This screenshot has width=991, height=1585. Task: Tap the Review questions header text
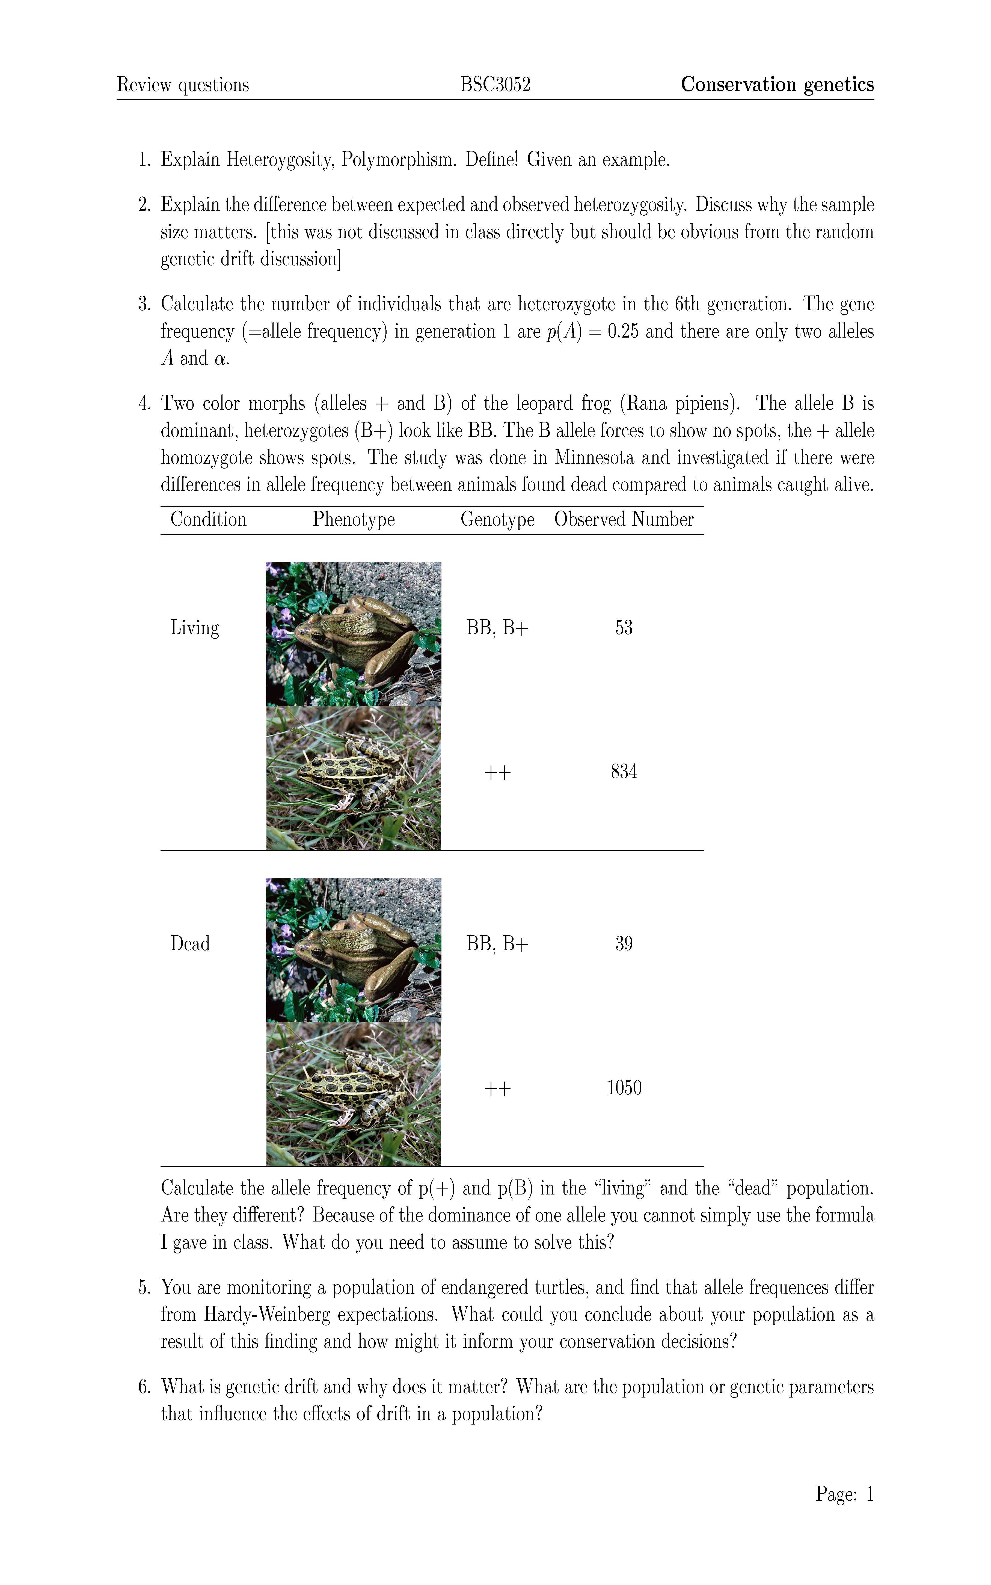(183, 85)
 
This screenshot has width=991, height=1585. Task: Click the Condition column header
(208, 519)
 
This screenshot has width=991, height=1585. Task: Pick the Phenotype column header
(353, 519)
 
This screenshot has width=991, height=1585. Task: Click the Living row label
(195, 627)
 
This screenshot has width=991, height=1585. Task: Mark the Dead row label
(190, 944)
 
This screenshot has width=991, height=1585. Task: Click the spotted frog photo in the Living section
(353, 778)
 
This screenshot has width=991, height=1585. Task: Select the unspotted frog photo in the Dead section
(353, 950)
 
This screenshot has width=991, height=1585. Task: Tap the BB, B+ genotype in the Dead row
(497, 944)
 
